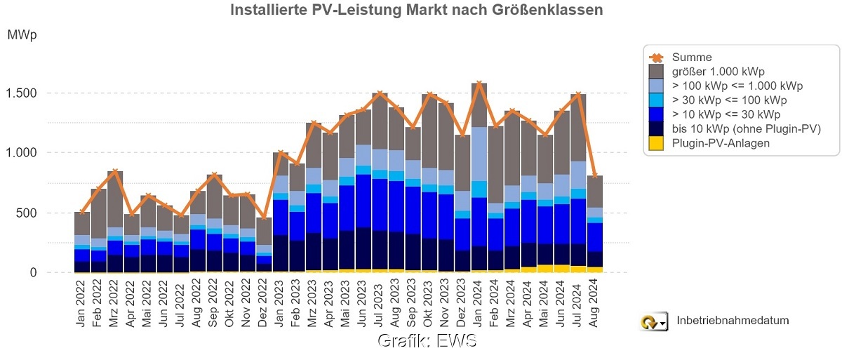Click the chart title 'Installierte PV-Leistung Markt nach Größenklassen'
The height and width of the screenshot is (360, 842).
(416, 11)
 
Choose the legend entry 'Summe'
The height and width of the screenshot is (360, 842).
(691, 58)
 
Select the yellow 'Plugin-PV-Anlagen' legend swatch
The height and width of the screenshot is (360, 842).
(657, 142)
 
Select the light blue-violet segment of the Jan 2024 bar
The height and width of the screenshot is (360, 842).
(480, 154)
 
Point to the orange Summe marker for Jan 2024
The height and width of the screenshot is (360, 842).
(480, 84)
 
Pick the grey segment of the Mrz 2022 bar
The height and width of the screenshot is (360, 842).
(115, 199)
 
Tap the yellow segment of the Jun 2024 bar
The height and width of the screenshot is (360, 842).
(562, 269)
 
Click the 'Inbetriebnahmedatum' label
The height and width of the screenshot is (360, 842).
(733, 321)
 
